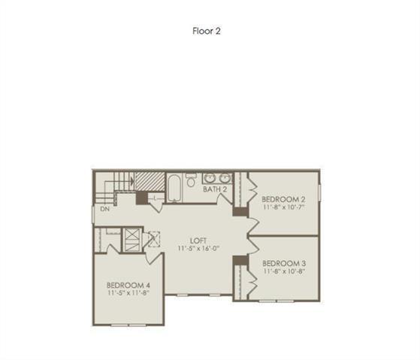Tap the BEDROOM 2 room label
pyautogui.click(x=283, y=199)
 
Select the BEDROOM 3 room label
pyautogui.click(x=283, y=263)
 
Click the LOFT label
pyautogui.click(x=198, y=239)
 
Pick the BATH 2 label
pyautogui.click(x=215, y=189)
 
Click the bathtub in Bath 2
pyautogui.click(x=173, y=187)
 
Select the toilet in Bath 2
pyautogui.click(x=191, y=180)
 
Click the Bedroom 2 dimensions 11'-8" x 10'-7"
pyautogui.click(x=283, y=207)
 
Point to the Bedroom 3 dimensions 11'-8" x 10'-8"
pyautogui.click(x=283, y=271)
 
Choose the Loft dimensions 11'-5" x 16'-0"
pyautogui.click(x=198, y=248)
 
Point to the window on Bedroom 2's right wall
pyautogui.click(x=319, y=192)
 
